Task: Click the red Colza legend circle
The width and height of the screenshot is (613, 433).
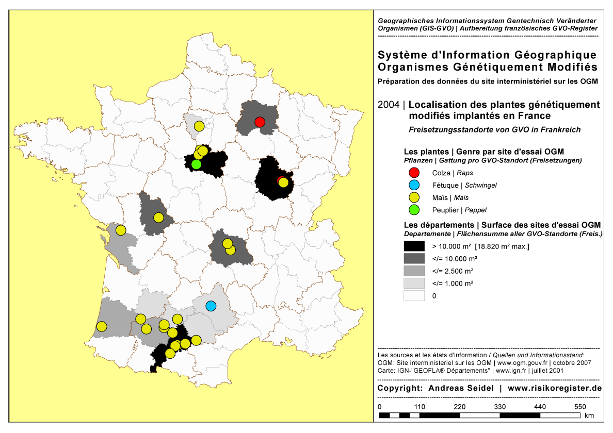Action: pyautogui.click(x=414, y=173)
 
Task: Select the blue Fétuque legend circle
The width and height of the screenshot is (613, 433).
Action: pyautogui.click(x=414, y=185)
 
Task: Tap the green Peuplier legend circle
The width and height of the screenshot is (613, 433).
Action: pyautogui.click(x=414, y=210)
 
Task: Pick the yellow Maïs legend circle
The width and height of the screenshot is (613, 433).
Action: pyautogui.click(x=414, y=197)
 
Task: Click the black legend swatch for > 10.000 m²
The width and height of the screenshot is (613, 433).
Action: pyautogui.click(x=414, y=246)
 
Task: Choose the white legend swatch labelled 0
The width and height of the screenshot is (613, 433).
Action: pyautogui.click(x=414, y=296)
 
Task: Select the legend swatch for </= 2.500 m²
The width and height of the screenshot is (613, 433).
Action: pyautogui.click(x=414, y=271)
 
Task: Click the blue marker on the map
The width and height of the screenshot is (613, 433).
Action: pyautogui.click(x=211, y=306)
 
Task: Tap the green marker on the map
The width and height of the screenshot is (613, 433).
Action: pyautogui.click(x=196, y=164)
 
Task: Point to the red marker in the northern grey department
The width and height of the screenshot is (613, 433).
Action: pyautogui.click(x=260, y=122)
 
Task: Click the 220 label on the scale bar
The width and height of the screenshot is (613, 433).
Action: pyautogui.click(x=460, y=407)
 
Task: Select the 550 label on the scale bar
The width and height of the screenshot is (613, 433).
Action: pyautogui.click(x=580, y=407)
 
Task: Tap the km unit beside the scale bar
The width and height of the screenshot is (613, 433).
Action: pyautogui.click(x=589, y=415)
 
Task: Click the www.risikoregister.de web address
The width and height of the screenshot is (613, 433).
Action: pyautogui.click(x=555, y=388)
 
